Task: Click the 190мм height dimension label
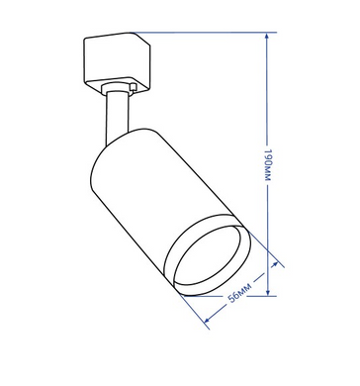point(268,164)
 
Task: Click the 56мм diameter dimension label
point(240,292)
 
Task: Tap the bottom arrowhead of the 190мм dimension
point(268,292)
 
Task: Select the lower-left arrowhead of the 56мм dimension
point(208,320)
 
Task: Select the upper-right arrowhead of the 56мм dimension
point(274,264)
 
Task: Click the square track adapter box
point(117,62)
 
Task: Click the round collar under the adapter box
point(116,89)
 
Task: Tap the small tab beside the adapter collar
point(134,87)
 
